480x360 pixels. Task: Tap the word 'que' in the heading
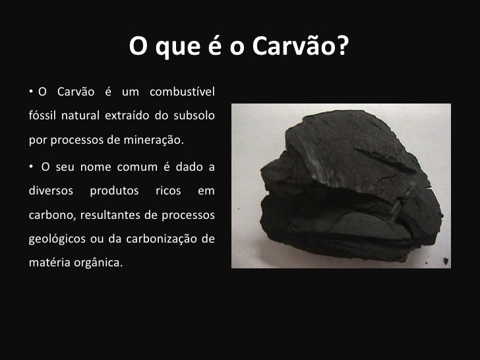click(x=173, y=47)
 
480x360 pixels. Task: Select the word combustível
click(x=182, y=92)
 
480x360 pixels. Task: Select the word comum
click(x=132, y=167)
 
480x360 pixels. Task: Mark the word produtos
click(x=113, y=191)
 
